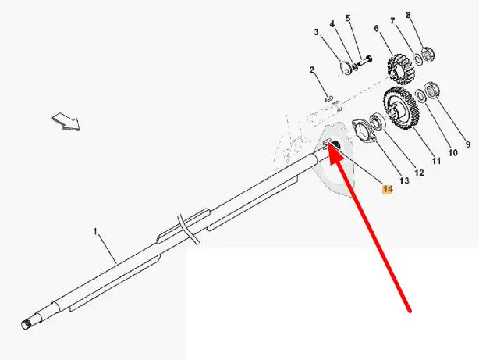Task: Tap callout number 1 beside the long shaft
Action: [96, 233]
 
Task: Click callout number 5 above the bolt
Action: [348, 18]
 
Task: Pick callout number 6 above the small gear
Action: [377, 29]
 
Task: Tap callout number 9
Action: [468, 144]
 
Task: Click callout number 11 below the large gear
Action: [436, 161]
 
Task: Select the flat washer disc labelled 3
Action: [346, 67]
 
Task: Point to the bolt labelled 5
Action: [367, 59]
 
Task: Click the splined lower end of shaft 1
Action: [30, 320]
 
